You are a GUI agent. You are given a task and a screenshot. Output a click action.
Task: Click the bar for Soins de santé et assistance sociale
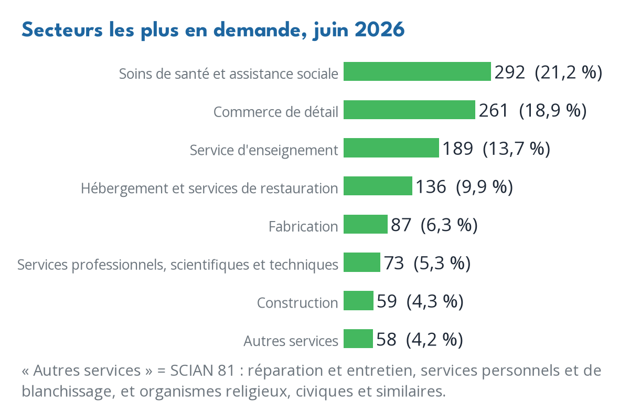(417, 71)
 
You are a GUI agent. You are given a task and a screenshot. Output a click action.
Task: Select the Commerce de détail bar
(409, 110)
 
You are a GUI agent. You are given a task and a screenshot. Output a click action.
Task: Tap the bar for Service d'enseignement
(391, 148)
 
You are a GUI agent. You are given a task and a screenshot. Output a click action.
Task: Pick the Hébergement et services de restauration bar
(378, 186)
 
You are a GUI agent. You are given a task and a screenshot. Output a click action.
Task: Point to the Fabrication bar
(366, 224)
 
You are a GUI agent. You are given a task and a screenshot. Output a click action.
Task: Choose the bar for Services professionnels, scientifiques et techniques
(361, 262)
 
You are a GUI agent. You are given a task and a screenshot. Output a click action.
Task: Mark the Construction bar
(358, 301)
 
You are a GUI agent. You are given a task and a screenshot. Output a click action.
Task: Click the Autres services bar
(358, 339)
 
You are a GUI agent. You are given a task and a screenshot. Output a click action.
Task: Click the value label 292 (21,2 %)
(548, 72)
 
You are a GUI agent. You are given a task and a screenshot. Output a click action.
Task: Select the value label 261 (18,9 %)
(532, 111)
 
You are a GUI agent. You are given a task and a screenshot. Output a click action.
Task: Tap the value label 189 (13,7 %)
(496, 149)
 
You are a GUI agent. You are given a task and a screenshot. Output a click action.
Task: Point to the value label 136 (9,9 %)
(464, 187)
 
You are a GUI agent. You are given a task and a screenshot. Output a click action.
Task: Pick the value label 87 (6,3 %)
(434, 225)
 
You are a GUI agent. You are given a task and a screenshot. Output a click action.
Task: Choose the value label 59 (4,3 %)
(420, 301)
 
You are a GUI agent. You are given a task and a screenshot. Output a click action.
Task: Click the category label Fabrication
(303, 226)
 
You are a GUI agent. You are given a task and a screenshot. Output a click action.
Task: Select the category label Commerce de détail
(276, 112)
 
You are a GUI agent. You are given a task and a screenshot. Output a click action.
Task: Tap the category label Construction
(297, 302)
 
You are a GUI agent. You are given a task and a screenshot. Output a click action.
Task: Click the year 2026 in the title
(379, 29)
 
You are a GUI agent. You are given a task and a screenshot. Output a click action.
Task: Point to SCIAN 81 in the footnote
(202, 371)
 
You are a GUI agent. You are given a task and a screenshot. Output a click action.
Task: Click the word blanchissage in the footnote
(68, 392)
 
